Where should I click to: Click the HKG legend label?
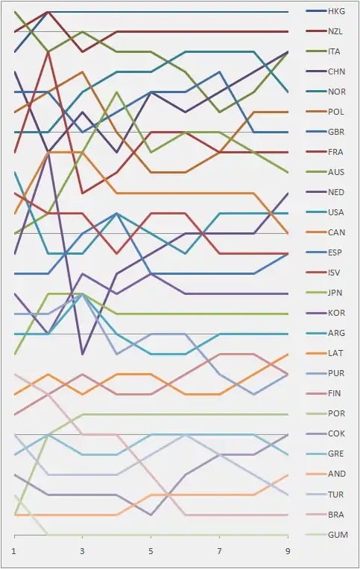pyautogui.click(x=336, y=11)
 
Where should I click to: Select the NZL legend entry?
pyautogui.click(x=335, y=31)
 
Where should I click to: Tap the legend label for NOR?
pyautogui.click(x=337, y=92)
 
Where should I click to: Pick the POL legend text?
pyautogui.click(x=335, y=112)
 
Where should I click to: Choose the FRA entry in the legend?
pyautogui.click(x=335, y=152)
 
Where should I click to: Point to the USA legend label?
pyautogui.click(x=335, y=212)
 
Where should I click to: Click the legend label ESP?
pyautogui.click(x=335, y=252)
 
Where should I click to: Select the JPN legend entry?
pyautogui.click(x=335, y=293)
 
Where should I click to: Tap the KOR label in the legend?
pyautogui.click(x=336, y=313)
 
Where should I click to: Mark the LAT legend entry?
pyautogui.click(x=335, y=353)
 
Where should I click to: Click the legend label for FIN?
pyautogui.click(x=334, y=393)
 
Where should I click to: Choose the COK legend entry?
pyautogui.click(x=336, y=433)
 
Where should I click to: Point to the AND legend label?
pyautogui.click(x=337, y=474)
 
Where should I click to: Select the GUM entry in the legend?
pyautogui.click(x=338, y=535)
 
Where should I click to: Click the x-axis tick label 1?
pyautogui.click(x=14, y=552)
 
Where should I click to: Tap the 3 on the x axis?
pyautogui.click(x=83, y=552)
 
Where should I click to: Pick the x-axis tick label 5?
pyautogui.click(x=151, y=552)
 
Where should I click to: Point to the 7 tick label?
pyautogui.click(x=219, y=552)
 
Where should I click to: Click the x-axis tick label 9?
pyautogui.click(x=288, y=552)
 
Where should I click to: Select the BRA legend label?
pyautogui.click(x=336, y=515)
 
